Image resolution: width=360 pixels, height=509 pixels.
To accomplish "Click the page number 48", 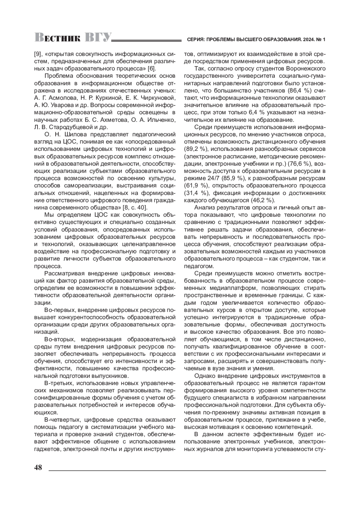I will point(39,468).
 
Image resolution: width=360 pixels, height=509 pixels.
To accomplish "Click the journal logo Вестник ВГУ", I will point(73,37).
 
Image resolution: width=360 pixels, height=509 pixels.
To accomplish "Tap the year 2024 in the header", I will point(308,40).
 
